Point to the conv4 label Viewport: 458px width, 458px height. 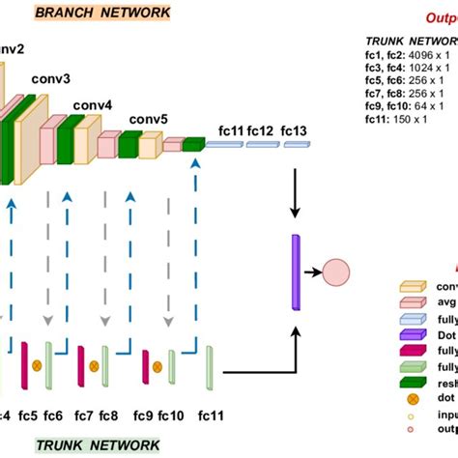pos(94,105)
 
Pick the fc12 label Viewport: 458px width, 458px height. pos(262,130)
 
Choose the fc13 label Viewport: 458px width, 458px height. pos(295,130)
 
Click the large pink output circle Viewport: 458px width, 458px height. pos(339,274)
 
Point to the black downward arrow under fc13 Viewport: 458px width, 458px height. pos(294,192)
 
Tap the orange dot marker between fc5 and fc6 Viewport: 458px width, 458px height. pos(38,364)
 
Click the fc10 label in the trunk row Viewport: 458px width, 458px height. pos(170,416)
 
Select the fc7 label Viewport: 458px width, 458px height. pos(84,416)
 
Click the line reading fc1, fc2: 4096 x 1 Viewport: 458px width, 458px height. pos(410,55)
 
